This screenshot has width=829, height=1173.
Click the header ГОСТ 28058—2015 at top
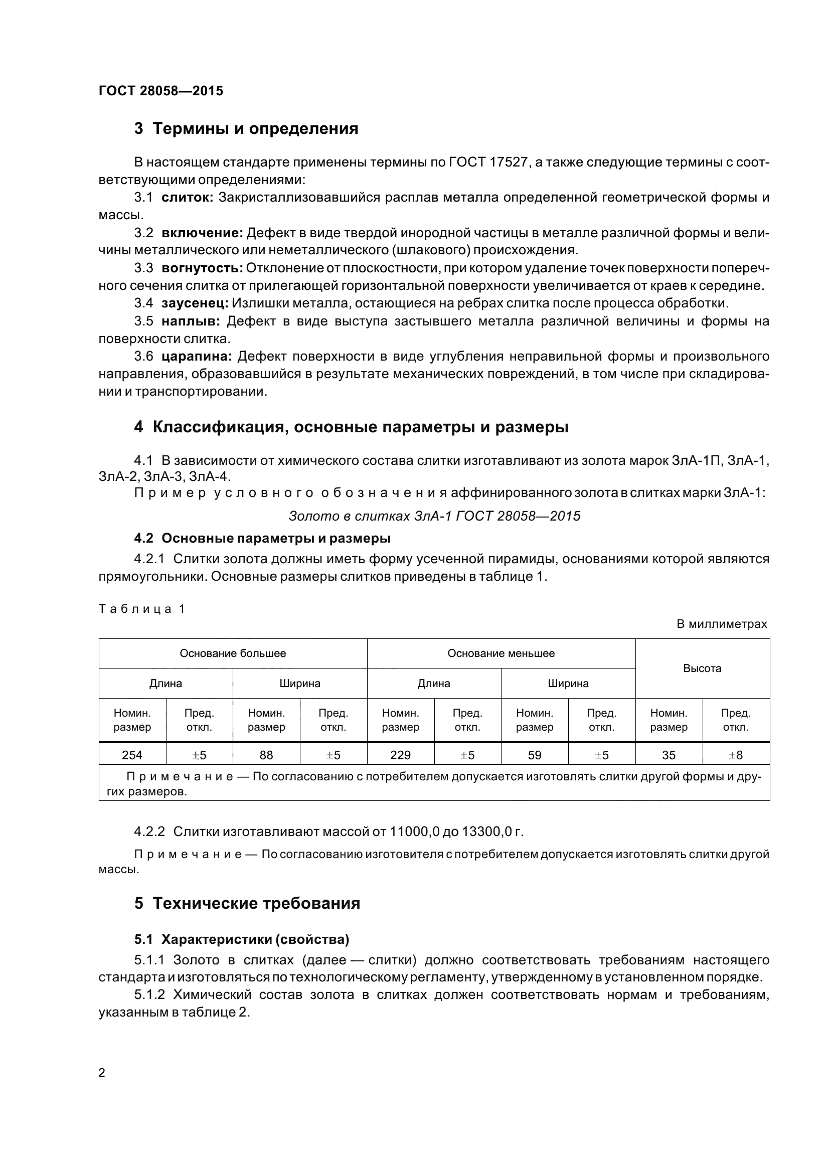[160, 91]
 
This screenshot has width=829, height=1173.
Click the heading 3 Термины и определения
[246, 128]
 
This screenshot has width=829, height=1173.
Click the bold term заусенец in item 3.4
[195, 303]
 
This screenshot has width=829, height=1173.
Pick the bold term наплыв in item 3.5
[191, 321]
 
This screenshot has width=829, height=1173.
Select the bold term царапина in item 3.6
[197, 356]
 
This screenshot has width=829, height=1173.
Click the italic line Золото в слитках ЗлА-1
[434, 516]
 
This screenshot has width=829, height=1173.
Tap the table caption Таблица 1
[141, 609]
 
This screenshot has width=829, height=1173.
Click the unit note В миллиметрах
[721, 624]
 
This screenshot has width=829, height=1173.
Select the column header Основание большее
[232, 653]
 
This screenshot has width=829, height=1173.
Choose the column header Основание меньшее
[501, 653]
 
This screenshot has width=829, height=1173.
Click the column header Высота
[702, 668]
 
